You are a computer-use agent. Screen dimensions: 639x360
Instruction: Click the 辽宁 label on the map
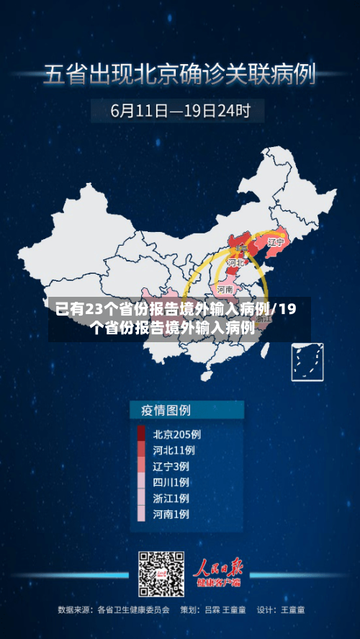click(x=275, y=243)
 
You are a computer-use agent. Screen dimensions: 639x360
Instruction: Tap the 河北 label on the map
click(x=235, y=264)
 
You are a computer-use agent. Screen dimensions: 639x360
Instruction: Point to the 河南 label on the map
click(x=225, y=289)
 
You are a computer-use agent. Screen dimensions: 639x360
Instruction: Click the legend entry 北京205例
click(x=176, y=434)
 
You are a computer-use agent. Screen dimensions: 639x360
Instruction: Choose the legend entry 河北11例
click(x=174, y=450)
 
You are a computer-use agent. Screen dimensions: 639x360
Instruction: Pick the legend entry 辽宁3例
click(x=171, y=466)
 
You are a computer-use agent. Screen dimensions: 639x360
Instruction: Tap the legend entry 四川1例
click(x=171, y=482)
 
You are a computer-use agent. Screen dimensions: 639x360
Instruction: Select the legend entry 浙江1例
click(x=171, y=498)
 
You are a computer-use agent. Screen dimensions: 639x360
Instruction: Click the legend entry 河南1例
click(x=171, y=514)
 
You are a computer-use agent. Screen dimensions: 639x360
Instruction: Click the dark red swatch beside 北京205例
click(x=141, y=434)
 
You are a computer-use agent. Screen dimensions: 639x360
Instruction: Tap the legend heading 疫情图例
click(x=160, y=411)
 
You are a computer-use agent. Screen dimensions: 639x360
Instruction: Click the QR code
click(x=161, y=573)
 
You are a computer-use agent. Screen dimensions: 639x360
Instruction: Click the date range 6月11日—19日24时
click(x=180, y=112)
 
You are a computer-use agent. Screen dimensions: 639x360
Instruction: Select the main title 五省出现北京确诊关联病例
click(x=180, y=75)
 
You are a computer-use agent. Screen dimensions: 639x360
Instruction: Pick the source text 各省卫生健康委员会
click(x=133, y=610)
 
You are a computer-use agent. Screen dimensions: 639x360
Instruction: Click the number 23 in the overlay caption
click(x=94, y=310)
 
